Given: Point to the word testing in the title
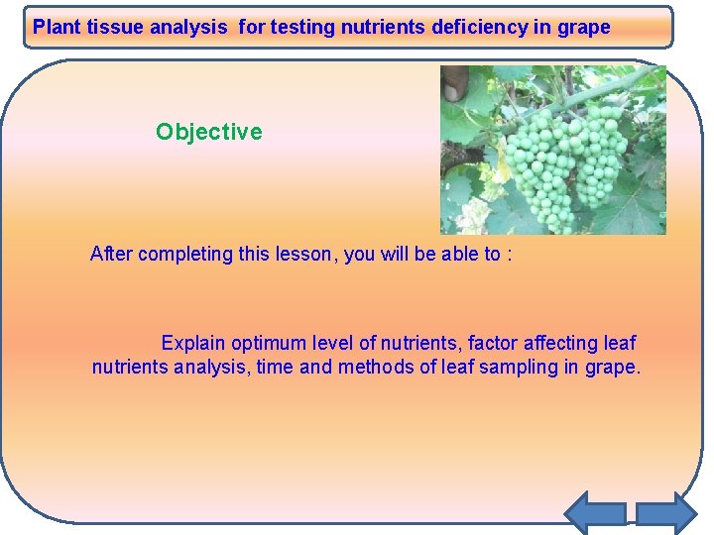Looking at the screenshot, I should (x=302, y=28).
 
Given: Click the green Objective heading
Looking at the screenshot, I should (x=209, y=132).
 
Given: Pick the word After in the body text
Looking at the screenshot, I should (x=111, y=254).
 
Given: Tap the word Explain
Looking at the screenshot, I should (x=193, y=344).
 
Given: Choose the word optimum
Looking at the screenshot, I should (x=269, y=344).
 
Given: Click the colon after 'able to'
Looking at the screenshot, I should (x=509, y=255).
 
